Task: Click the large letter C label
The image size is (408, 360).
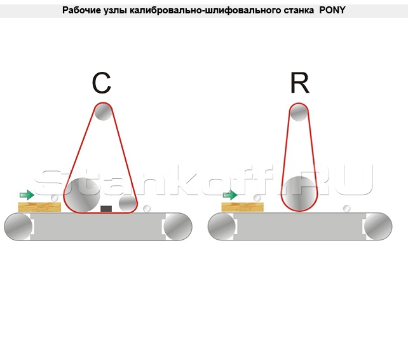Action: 102,83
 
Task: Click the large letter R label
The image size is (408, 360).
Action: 299,83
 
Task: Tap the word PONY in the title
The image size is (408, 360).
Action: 332,10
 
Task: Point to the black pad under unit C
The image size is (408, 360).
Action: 106,209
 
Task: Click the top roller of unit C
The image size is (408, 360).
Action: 103,112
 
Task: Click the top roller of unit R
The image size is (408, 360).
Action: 299,113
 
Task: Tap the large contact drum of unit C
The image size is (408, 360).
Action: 82,195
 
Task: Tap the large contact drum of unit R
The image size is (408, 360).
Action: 299,193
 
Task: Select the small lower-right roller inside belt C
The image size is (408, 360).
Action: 128,204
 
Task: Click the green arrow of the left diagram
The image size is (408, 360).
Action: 27,195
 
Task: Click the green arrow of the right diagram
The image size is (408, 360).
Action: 230,195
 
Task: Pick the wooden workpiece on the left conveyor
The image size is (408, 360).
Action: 39,207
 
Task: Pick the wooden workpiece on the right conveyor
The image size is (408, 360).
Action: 243,207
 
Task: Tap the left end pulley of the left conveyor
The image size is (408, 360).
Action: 18,226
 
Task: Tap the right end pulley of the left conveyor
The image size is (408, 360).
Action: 178,226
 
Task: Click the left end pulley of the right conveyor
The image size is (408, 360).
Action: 222,226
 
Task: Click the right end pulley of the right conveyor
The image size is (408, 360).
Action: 378,226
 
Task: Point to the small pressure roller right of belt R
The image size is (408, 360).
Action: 346,209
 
